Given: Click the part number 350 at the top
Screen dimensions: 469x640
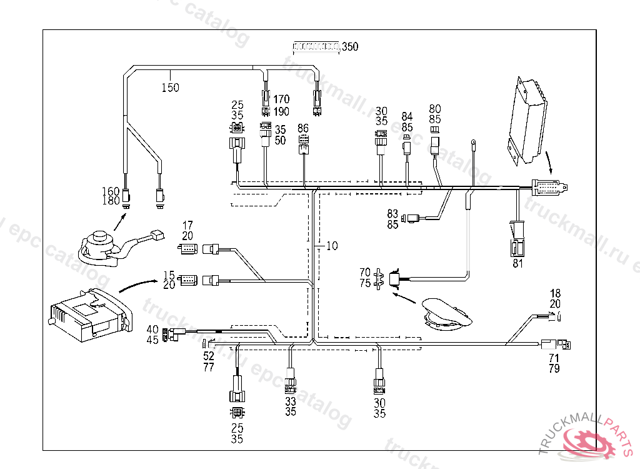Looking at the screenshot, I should (350, 47).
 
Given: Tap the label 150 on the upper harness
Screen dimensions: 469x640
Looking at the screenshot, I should (170, 88).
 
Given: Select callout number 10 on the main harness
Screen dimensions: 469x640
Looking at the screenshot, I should (332, 246).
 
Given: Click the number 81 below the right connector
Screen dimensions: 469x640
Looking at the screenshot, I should (517, 263).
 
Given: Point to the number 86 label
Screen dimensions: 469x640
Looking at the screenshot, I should (303, 128).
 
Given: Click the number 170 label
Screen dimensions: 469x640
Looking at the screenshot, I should (281, 99).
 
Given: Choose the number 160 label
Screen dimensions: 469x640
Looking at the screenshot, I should (111, 191).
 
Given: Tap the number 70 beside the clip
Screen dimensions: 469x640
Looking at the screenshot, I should (365, 272).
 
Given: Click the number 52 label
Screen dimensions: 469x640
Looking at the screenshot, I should (209, 356).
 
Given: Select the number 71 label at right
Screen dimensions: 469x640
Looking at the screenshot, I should (554, 358).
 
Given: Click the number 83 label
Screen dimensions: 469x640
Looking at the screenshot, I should (392, 214).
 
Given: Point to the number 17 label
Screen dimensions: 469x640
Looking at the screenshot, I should (187, 225).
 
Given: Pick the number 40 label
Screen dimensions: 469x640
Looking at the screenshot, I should (152, 330).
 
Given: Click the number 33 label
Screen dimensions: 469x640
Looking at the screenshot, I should (291, 401).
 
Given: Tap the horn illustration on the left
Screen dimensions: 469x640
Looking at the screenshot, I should (100, 244).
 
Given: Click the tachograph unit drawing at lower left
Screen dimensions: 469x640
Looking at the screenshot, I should (87, 314).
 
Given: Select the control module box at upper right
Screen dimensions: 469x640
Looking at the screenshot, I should (528, 122).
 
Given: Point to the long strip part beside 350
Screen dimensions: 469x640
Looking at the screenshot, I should (316, 46).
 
